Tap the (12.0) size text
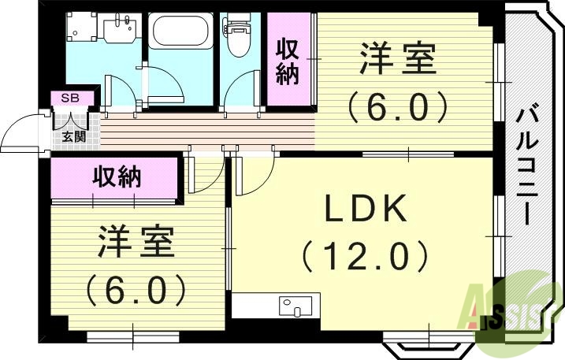(x=365, y=257)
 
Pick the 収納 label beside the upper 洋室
(x=288, y=61)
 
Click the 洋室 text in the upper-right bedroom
(x=398, y=61)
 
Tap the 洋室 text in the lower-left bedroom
(x=135, y=242)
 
